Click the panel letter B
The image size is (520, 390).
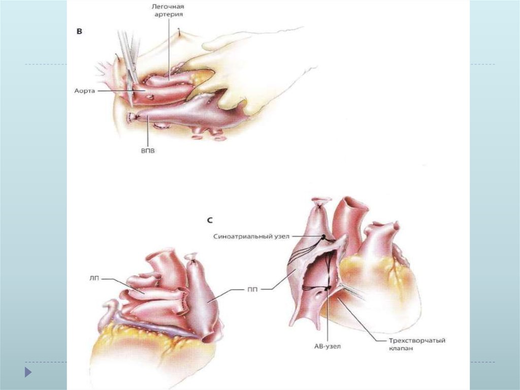[79, 31]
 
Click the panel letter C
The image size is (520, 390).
[210, 221]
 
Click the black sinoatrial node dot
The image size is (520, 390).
[323, 237]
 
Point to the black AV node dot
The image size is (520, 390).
[328, 289]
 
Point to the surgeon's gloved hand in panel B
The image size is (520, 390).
[239, 66]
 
